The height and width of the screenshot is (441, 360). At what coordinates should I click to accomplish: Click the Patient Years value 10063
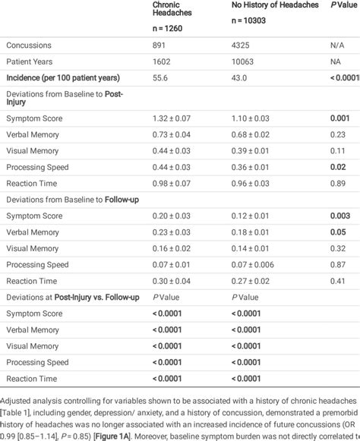(243, 61)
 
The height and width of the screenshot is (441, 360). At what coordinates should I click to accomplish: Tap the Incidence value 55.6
(160, 77)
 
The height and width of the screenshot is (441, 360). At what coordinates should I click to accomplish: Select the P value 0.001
(339, 119)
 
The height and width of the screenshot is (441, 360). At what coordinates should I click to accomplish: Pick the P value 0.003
(339, 216)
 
